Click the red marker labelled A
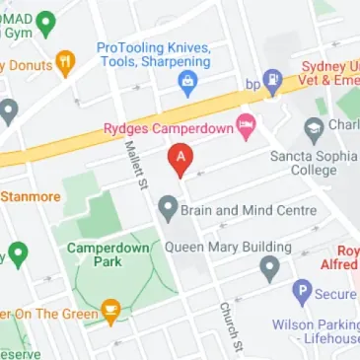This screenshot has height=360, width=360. (x=180, y=158)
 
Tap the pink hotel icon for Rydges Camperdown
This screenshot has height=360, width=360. (x=247, y=126)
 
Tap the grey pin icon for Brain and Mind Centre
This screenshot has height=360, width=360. (x=168, y=208)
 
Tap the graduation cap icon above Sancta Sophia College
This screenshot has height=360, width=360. (x=314, y=126)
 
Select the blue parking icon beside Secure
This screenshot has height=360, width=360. (x=301, y=293)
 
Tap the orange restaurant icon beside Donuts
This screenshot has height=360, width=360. (x=66, y=65)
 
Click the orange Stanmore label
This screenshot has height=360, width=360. (x=30, y=195)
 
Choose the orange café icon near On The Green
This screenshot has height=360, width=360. (x=111, y=315)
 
